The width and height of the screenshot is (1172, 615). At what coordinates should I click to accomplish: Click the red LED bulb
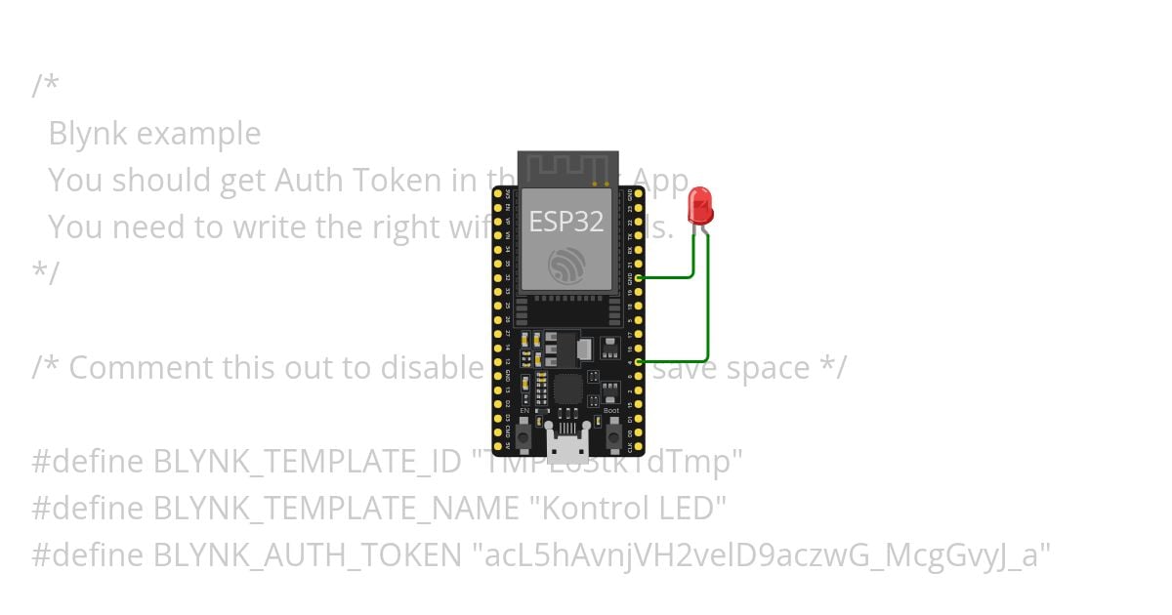700,206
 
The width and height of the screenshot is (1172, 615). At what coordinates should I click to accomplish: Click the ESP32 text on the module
566,222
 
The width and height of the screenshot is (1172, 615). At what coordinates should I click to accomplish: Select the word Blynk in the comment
87,133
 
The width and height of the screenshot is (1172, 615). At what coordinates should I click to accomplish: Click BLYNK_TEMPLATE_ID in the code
307,461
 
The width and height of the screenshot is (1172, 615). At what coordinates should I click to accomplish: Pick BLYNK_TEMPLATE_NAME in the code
335,508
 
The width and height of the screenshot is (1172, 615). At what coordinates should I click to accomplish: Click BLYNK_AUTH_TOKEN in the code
307,554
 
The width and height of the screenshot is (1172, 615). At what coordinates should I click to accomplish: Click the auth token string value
762,554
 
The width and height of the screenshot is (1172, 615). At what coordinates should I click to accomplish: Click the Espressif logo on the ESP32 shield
566,264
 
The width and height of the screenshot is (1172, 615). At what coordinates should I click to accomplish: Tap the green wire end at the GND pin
639,277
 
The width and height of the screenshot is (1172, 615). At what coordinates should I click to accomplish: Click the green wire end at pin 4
639,362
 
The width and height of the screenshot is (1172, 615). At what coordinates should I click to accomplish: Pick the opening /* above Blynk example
45,86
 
